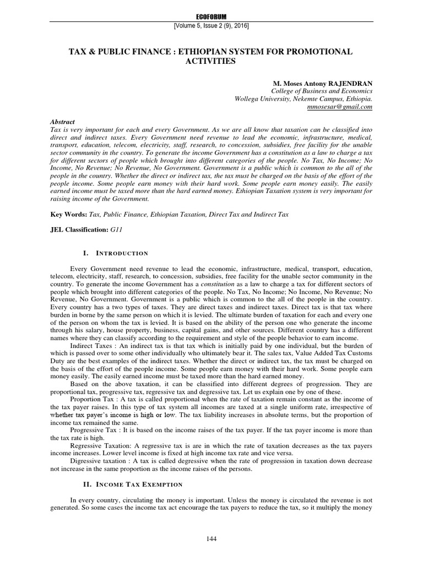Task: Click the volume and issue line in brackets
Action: pyautogui.click(x=211, y=26)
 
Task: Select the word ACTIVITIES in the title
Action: pyautogui.click(x=211, y=61)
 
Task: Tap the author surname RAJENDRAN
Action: pyautogui.click(x=347, y=82)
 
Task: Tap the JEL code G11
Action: pyautogui.click(x=116, y=229)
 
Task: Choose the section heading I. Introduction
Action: pyautogui.click(x=115, y=253)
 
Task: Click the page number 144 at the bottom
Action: pyautogui.click(x=211, y=539)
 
